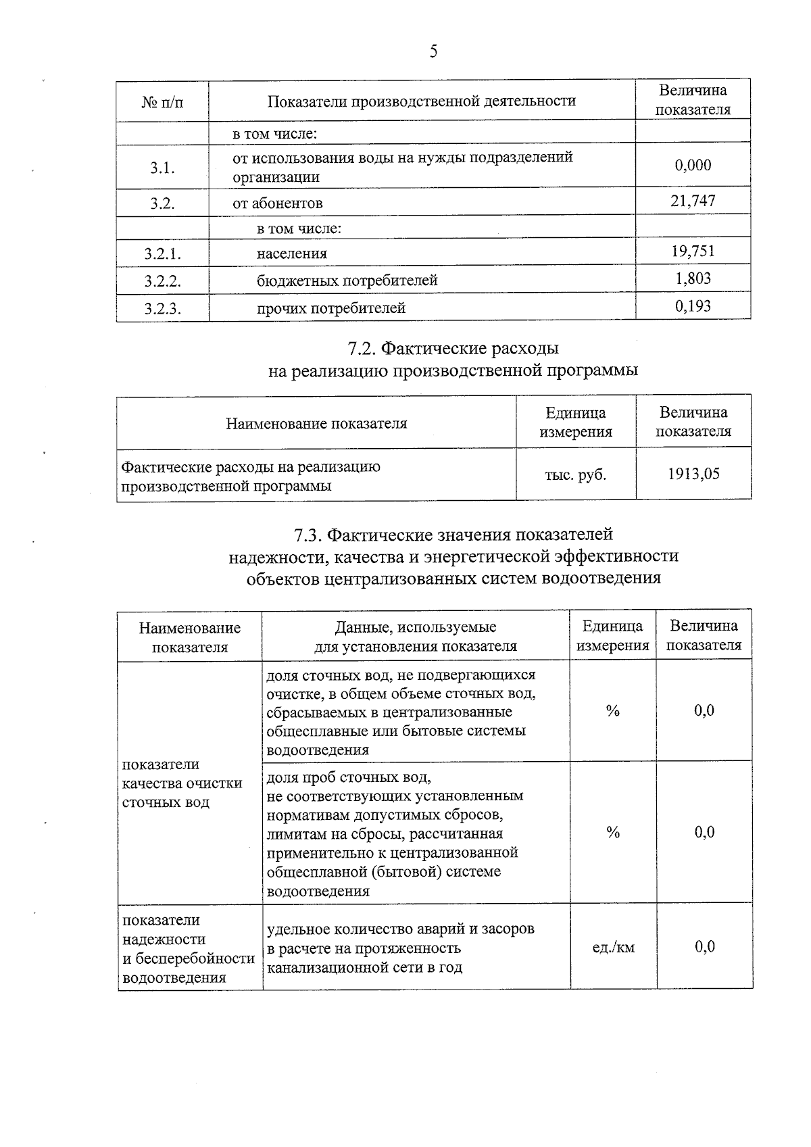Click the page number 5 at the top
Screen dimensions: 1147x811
tap(433, 52)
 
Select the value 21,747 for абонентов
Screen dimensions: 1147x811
tap(693, 201)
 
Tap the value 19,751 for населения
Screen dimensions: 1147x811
tap(693, 251)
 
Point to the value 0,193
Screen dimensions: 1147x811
tap(693, 307)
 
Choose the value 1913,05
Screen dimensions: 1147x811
tap(693, 474)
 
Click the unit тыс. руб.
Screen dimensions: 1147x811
tap(575, 474)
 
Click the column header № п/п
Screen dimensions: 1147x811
tap(162, 102)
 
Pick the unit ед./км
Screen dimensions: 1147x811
tap(613, 948)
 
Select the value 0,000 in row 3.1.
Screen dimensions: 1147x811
tap(693, 166)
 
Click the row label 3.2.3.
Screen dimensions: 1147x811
tap(162, 309)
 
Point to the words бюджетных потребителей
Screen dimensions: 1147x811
tap(347, 280)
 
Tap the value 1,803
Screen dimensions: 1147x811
tap(693, 278)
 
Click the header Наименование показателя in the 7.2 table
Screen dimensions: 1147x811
tap(316, 424)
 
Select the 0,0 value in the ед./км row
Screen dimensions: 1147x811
tap(704, 947)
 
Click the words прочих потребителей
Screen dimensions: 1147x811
tap(330, 309)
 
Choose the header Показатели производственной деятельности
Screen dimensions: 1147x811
tap(422, 101)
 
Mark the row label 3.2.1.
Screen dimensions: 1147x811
tap(162, 254)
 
